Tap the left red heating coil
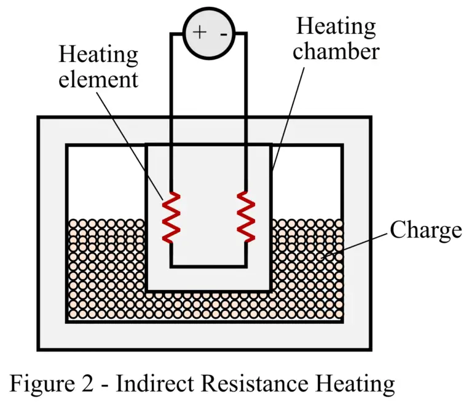171,216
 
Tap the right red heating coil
246,216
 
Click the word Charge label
425,230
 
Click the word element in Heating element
98,80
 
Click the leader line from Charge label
360,242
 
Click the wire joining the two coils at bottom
208,266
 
